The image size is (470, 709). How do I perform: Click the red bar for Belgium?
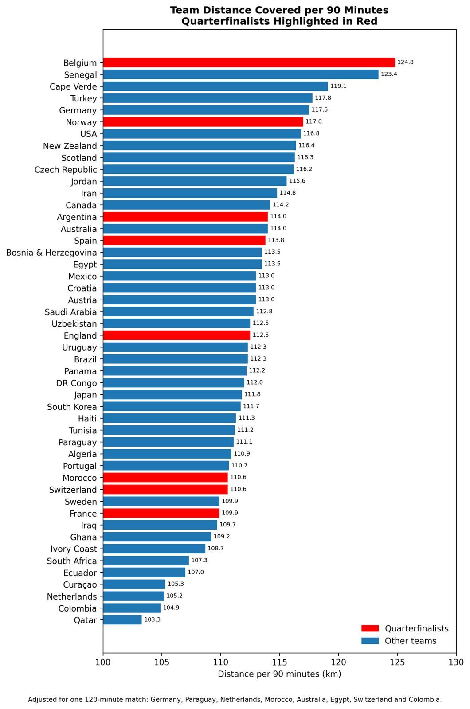click(x=249, y=62)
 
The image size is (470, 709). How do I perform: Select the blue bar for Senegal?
click(x=241, y=74)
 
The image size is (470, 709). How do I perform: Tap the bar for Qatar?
click(x=122, y=620)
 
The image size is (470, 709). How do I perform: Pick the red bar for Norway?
click(x=203, y=122)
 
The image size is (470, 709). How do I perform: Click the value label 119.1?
click(x=338, y=86)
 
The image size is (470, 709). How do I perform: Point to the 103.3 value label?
click(x=153, y=619)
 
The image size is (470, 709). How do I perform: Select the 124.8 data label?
click(x=405, y=62)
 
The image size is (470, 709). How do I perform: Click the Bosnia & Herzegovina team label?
click(x=51, y=253)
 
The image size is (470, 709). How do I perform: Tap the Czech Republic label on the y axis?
click(x=66, y=170)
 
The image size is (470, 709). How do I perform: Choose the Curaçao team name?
click(x=80, y=584)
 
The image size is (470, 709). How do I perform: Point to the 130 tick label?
click(x=456, y=662)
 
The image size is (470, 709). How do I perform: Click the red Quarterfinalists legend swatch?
click(x=370, y=628)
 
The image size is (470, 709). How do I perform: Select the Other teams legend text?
click(x=411, y=641)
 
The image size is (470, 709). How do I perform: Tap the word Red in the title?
click(x=368, y=21)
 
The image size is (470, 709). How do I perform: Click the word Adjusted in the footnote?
click(x=43, y=700)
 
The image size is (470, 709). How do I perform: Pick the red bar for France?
click(x=161, y=513)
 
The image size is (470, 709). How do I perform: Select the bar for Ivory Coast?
click(x=154, y=549)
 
